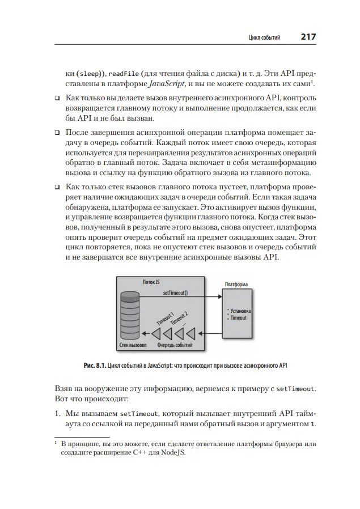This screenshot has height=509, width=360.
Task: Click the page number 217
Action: click(308, 37)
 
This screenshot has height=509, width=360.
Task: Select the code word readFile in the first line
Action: click(123, 73)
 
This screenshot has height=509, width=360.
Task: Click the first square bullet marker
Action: click(57, 98)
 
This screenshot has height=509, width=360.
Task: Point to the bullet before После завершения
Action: click(57, 132)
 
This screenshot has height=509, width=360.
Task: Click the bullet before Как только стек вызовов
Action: click(57, 186)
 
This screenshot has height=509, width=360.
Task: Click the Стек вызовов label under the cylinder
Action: click(133, 344)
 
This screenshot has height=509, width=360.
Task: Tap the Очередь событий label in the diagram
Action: click(175, 344)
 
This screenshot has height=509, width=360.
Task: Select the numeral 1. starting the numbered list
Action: click(57, 414)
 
